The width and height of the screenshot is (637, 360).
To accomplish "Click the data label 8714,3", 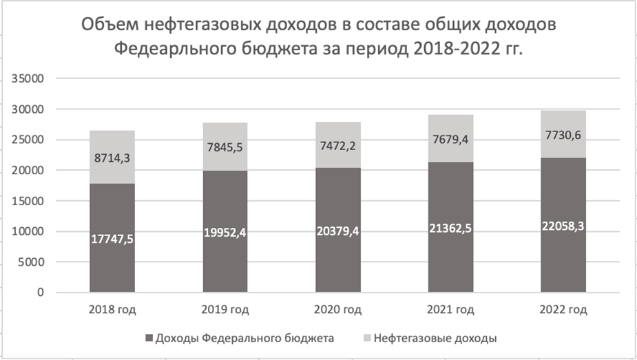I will click(112, 158).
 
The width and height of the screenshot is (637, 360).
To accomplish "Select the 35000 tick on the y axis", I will click(30, 79).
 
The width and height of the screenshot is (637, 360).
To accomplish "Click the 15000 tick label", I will click(30, 201).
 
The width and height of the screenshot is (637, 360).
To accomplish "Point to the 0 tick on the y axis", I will click(41, 293).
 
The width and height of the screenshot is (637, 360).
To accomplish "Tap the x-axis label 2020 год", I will click(338, 310).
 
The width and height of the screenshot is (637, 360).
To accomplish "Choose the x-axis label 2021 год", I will click(450, 310).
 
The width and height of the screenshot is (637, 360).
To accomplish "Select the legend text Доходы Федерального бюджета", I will click(245, 338).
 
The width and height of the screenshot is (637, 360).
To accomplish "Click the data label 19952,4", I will click(225, 232).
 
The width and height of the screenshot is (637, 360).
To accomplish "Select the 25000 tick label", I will click(30, 140).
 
